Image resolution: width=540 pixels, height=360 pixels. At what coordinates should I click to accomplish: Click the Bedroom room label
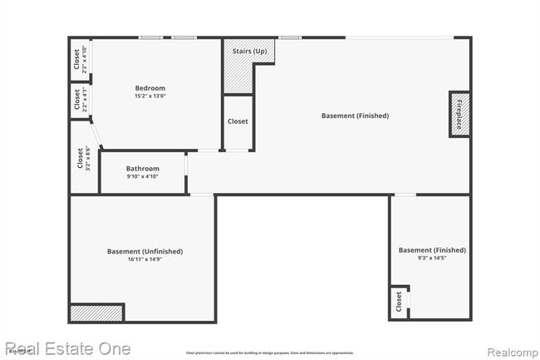pyautogui.click(x=150, y=88)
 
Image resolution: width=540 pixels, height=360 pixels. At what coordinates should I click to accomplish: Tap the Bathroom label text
pyautogui.click(x=142, y=168)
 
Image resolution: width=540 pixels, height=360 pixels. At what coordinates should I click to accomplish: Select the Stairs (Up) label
pyautogui.click(x=249, y=52)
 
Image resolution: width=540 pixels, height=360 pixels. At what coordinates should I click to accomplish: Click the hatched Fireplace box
pyautogui.click(x=459, y=114)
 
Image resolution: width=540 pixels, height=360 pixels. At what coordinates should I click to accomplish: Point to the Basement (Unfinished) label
pyautogui.click(x=145, y=251)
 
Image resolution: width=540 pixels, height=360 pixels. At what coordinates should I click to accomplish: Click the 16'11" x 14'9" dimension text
pyautogui.click(x=145, y=259)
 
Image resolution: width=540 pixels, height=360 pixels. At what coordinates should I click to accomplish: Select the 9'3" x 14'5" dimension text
pyautogui.click(x=432, y=259)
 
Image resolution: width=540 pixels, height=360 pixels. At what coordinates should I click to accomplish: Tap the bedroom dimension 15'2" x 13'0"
pyautogui.click(x=150, y=96)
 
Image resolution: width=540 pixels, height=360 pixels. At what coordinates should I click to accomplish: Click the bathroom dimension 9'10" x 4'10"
pyautogui.click(x=142, y=176)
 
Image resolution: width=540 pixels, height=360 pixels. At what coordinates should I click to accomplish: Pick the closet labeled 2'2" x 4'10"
pyautogui.click(x=80, y=59)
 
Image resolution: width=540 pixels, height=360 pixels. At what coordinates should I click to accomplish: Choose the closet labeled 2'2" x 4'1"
pyautogui.click(x=80, y=101)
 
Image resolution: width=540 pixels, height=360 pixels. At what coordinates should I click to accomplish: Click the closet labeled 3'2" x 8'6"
pyautogui.click(x=83, y=158)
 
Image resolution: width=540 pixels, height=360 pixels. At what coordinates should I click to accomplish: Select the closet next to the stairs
pyautogui.click(x=238, y=121)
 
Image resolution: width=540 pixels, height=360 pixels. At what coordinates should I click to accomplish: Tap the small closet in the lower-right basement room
pyautogui.click(x=399, y=303)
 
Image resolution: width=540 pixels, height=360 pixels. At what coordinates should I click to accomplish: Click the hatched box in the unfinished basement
pyautogui.click(x=96, y=313)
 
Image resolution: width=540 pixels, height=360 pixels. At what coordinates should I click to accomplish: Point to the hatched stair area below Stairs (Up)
pyautogui.click(x=238, y=77)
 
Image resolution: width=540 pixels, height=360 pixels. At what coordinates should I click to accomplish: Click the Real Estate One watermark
pyautogui.click(x=67, y=348)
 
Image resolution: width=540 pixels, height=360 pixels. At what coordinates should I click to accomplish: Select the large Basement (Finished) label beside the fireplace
pyautogui.click(x=355, y=116)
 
